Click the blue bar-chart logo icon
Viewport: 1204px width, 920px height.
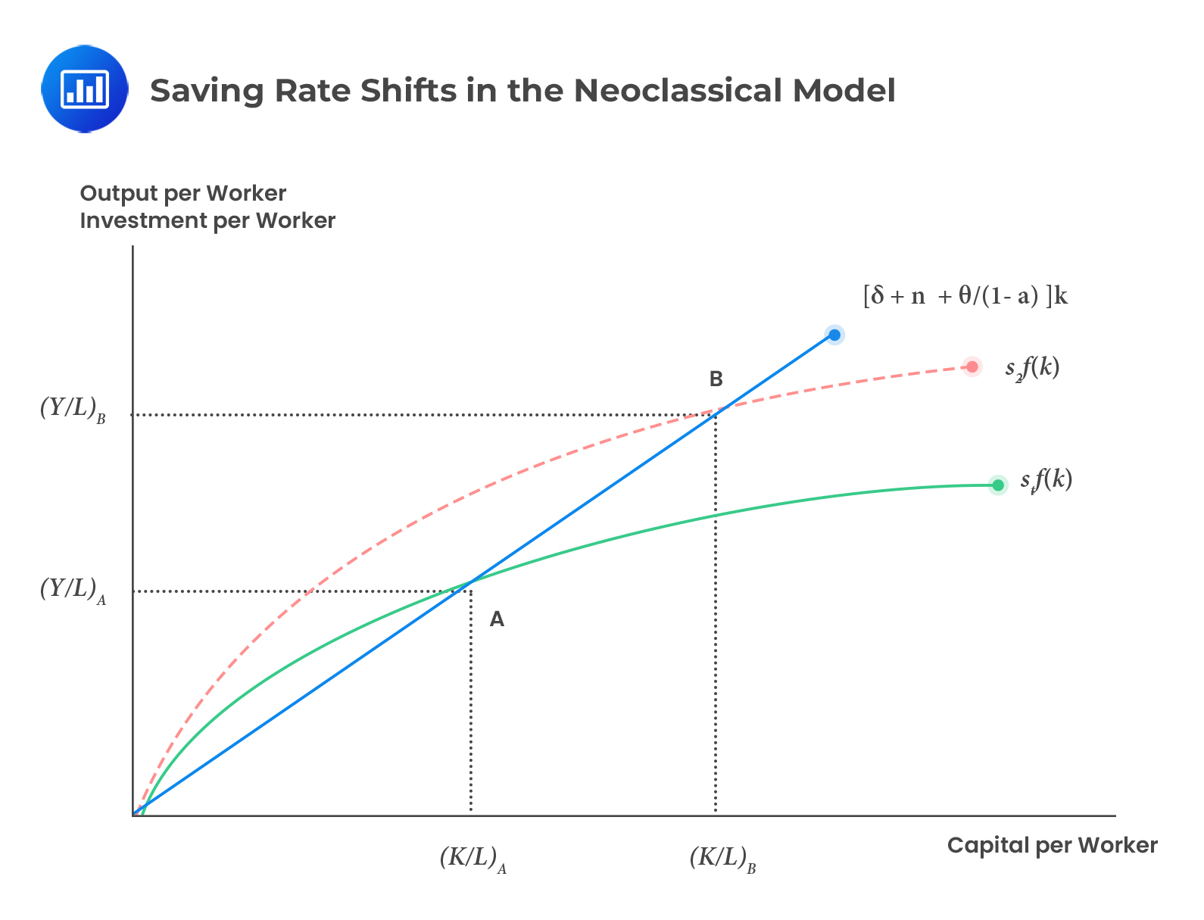pyautogui.click(x=85, y=89)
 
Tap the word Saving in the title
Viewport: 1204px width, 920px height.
pyautogui.click(x=206, y=91)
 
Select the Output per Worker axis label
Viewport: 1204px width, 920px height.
pyautogui.click(x=183, y=194)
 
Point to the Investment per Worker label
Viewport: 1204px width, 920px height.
pyautogui.click(x=207, y=221)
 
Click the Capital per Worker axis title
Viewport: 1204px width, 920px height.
pyautogui.click(x=1052, y=845)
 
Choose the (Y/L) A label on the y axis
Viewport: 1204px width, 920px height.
pyautogui.click(x=73, y=590)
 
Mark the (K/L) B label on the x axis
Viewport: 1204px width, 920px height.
pyautogui.click(x=722, y=859)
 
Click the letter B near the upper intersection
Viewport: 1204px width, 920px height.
pyautogui.click(x=716, y=379)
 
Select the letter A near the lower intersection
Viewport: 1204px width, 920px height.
pyautogui.click(x=497, y=620)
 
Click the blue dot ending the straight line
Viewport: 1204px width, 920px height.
pyautogui.click(x=834, y=335)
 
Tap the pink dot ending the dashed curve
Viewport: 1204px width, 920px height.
pyautogui.click(x=972, y=367)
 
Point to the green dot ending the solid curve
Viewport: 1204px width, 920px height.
pyautogui.click(x=998, y=485)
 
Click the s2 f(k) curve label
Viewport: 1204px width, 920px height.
pyautogui.click(x=1032, y=368)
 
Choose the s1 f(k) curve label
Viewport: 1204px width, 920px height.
pyautogui.click(x=1046, y=480)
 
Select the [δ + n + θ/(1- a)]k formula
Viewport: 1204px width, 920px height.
pyautogui.click(x=965, y=295)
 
